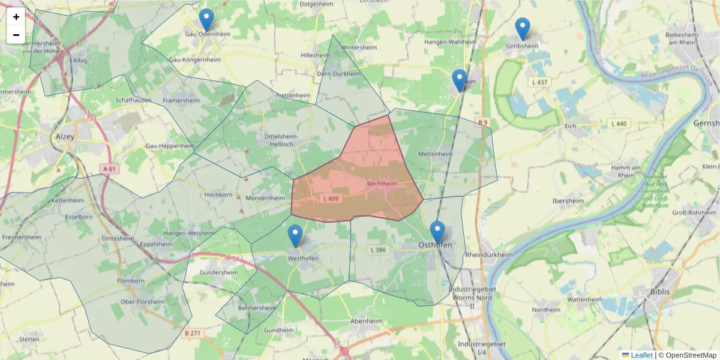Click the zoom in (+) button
pyautogui.click(x=16, y=17)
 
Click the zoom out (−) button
pyautogui.click(x=16, y=35)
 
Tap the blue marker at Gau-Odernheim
pyautogui.click(x=206, y=20)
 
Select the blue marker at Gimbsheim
pyautogui.click(x=523, y=29)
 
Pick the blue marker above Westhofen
pyautogui.click(x=295, y=236)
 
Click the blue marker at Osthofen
pyautogui.click(x=437, y=232)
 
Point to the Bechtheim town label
pyautogui.click(x=382, y=184)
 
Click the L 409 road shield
pyautogui.click(x=331, y=198)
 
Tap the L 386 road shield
pyautogui.click(x=379, y=250)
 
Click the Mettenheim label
pyautogui.click(x=434, y=154)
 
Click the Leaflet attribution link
pyautogui.click(x=641, y=355)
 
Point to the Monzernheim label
pyautogui.click(x=265, y=197)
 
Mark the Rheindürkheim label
pyautogui.click(x=489, y=254)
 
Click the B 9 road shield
pyautogui.click(x=483, y=122)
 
